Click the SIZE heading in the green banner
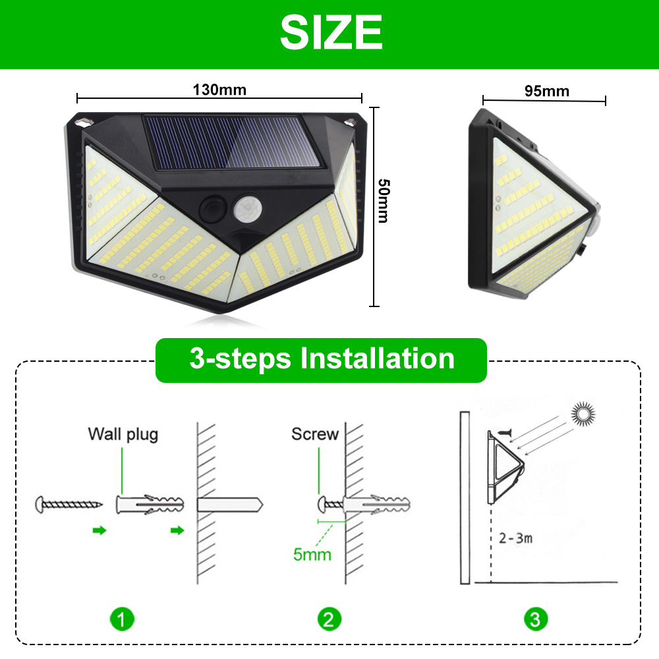click(331, 32)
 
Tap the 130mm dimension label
click(219, 90)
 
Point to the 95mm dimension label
click(547, 91)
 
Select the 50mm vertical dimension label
click(384, 200)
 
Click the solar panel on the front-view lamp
click(231, 143)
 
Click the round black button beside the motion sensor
click(213, 208)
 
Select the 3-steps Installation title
click(322, 359)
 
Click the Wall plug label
click(123, 434)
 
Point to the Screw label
click(315, 434)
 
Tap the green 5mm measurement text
click(312, 554)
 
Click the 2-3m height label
click(516, 538)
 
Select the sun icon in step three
click(583, 415)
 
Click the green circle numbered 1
click(122, 619)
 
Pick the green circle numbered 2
click(329, 619)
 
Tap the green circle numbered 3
click(536, 619)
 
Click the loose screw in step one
click(69, 504)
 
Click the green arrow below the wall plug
click(177, 530)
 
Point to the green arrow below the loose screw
click(100, 530)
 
